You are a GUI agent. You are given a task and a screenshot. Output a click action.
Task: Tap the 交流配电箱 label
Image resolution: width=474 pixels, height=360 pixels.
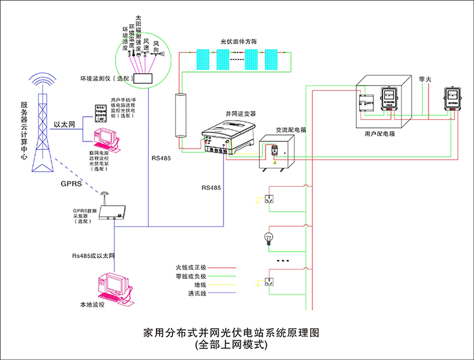(291, 130)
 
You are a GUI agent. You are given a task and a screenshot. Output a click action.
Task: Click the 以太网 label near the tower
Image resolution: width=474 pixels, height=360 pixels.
(64, 124)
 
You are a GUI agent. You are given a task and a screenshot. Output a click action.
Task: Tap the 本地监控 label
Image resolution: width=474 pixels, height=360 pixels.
(92, 304)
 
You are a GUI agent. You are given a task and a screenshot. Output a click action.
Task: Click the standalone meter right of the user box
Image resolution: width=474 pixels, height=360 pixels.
(455, 101)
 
